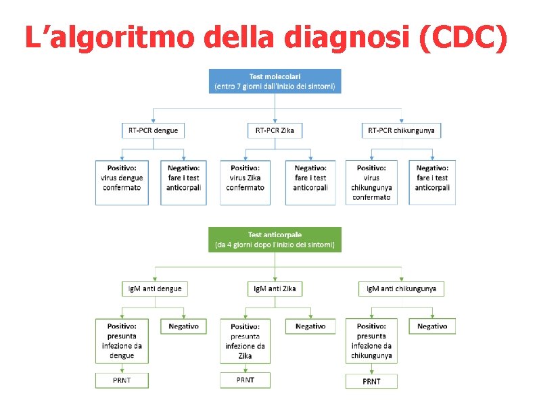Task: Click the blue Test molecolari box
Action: point(275,81)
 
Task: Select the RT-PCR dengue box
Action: point(153,130)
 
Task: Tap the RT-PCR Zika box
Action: point(275,130)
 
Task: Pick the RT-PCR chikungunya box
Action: point(402,130)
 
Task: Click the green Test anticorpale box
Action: point(275,239)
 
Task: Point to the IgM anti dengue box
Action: point(155,288)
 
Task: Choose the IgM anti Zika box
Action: point(275,288)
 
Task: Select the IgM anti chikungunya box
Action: point(402,288)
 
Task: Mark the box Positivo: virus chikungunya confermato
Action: point(371,182)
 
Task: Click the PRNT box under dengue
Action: point(122,380)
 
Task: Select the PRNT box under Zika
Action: point(245,380)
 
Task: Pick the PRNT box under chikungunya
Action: point(371,381)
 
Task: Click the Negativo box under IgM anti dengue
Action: point(183,326)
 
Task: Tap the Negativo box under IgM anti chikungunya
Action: point(431,326)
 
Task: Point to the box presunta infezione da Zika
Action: point(245,341)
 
